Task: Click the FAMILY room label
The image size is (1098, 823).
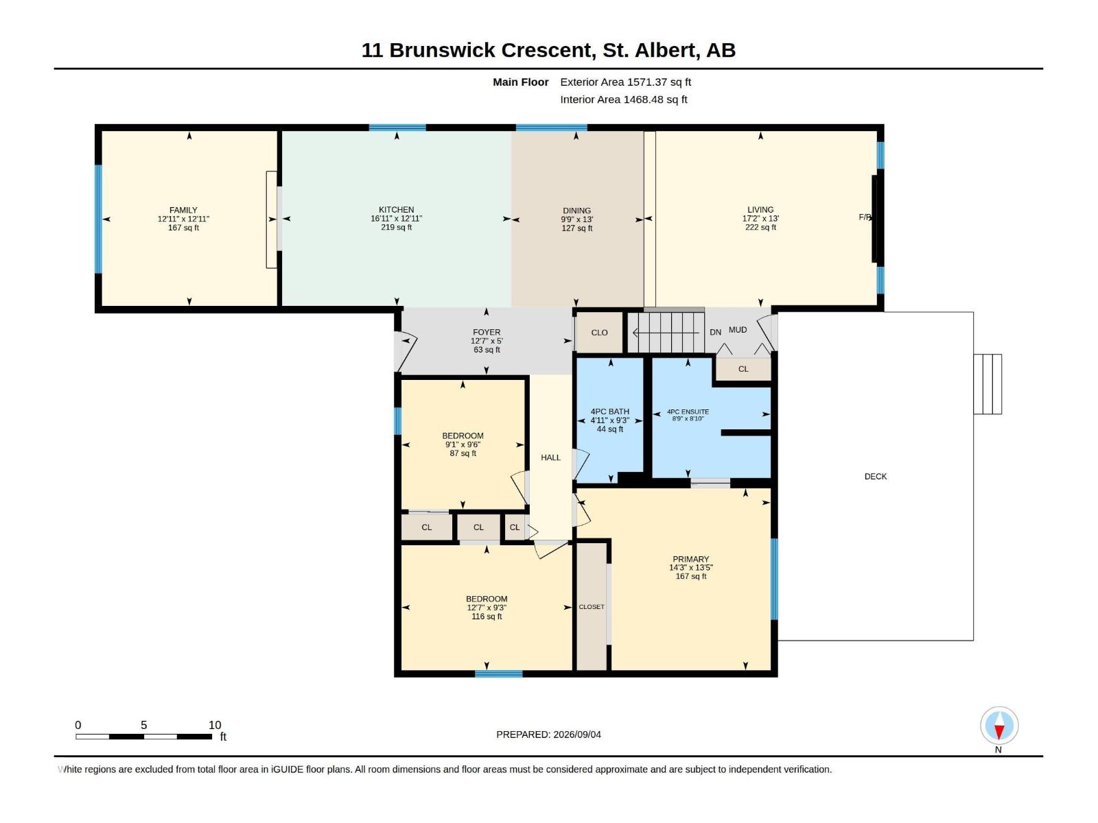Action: [183, 211]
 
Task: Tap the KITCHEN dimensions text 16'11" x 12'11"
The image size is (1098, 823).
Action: [396, 219]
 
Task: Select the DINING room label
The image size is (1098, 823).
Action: [576, 211]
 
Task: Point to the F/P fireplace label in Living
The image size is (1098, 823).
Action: [865, 217]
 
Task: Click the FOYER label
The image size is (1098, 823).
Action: [487, 333]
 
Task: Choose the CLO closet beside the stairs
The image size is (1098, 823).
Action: [599, 333]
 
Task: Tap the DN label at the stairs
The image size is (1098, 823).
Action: [715, 333]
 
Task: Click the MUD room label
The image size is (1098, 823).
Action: [738, 330]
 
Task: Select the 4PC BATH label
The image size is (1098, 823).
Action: [610, 411]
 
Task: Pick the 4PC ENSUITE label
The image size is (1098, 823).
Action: [688, 411]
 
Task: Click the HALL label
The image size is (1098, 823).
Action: [551, 457]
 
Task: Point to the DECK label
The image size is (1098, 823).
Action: [876, 477]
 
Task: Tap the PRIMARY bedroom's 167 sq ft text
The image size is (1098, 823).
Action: [691, 577]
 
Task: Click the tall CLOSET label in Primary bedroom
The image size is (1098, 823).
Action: [592, 607]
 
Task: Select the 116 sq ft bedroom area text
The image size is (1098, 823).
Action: [487, 617]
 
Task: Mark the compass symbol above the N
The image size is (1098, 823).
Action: [999, 725]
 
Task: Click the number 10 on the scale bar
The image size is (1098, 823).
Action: [215, 725]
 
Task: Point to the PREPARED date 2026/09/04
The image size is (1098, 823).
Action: [576, 735]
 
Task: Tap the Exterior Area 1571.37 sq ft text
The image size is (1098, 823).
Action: [625, 82]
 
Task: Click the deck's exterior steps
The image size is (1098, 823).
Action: [988, 384]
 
